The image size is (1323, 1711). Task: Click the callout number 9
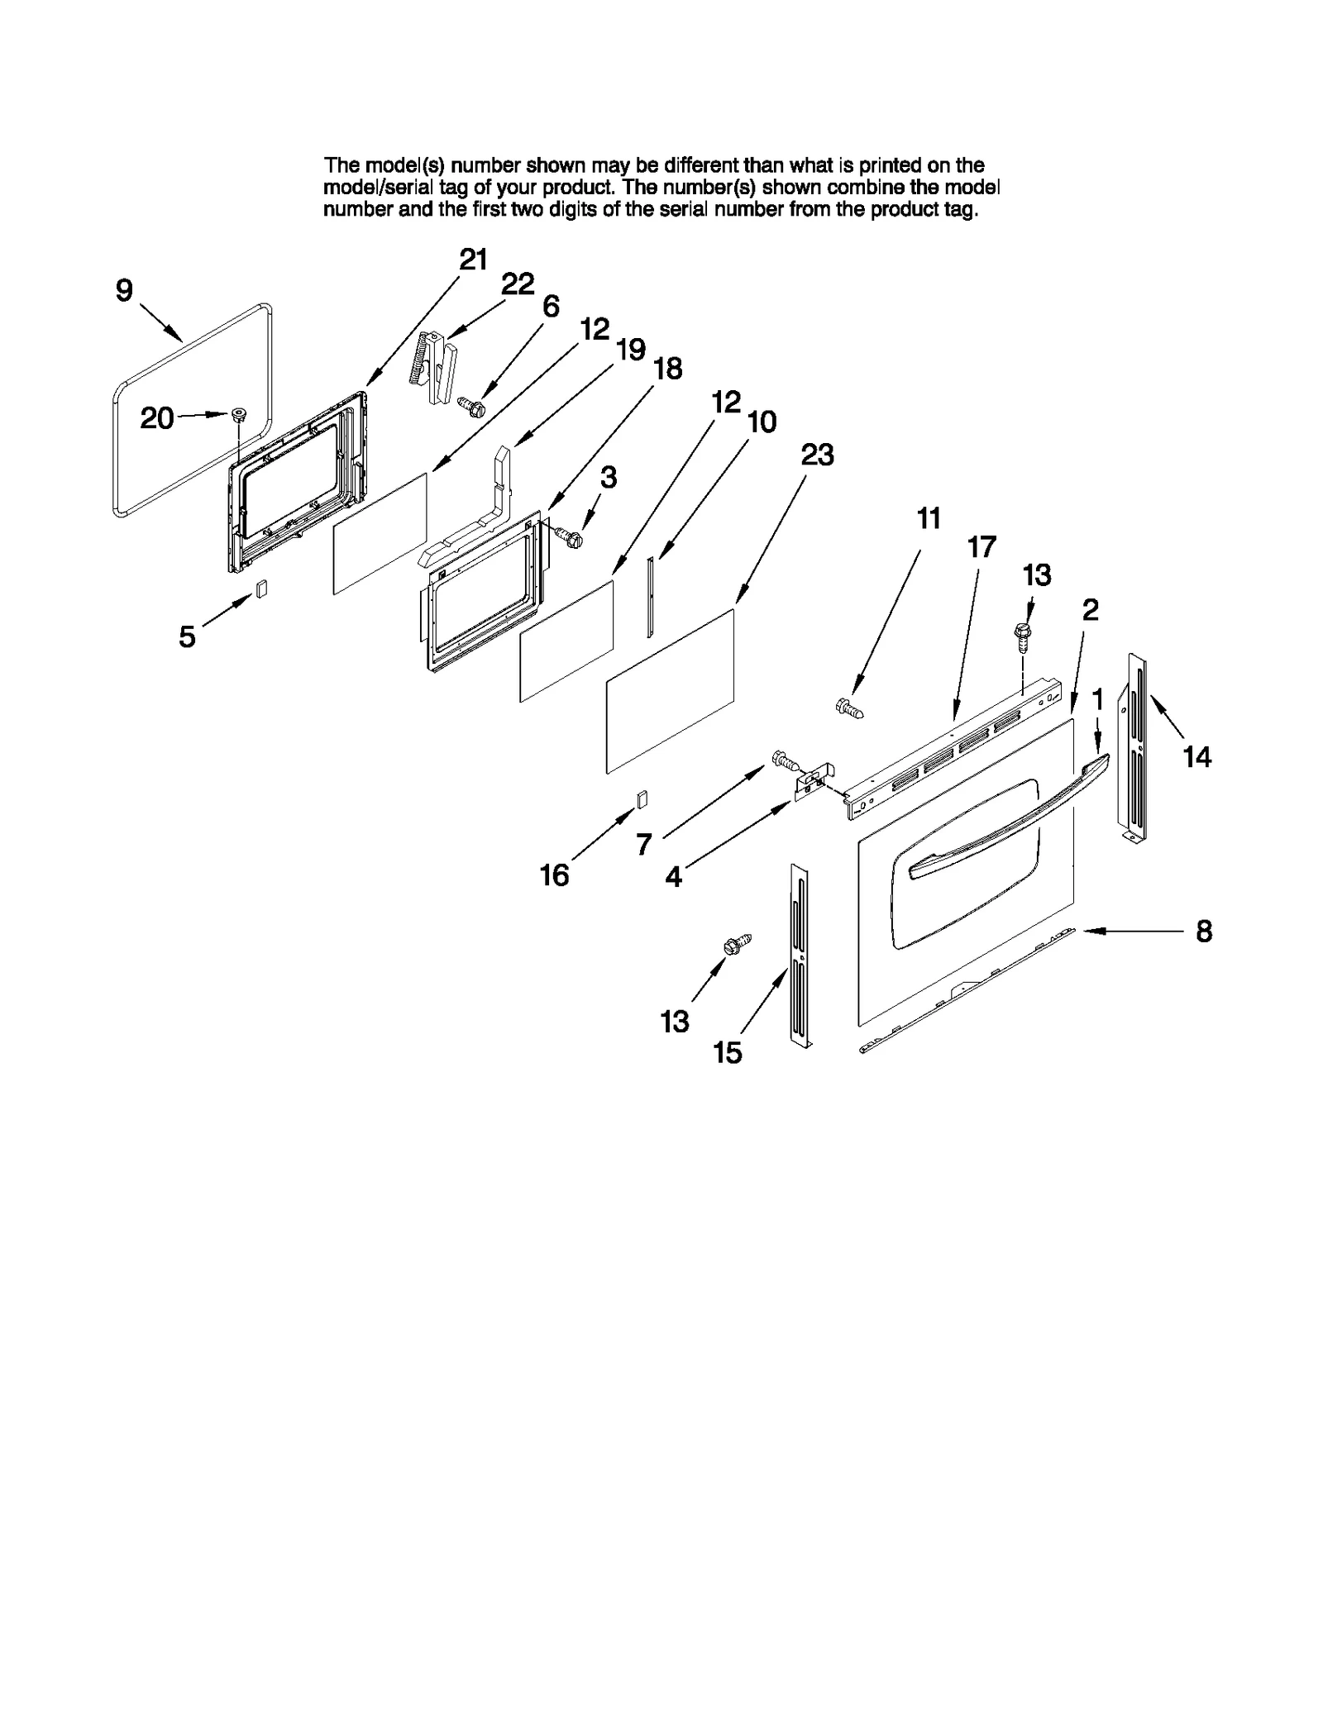point(123,291)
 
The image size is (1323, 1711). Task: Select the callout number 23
point(817,455)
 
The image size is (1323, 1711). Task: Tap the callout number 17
point(982,547)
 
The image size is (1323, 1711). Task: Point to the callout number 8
point(1204,932)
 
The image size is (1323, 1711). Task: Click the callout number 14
point(1196,756)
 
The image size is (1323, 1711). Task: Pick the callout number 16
point(554,875)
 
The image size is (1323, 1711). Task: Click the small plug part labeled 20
point(240,415)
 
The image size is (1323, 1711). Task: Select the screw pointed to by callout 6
point(471,406)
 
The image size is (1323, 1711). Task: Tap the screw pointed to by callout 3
point(571,538)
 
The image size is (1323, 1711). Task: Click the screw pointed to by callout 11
point(850,708)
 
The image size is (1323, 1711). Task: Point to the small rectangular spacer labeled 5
point(260,589)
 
